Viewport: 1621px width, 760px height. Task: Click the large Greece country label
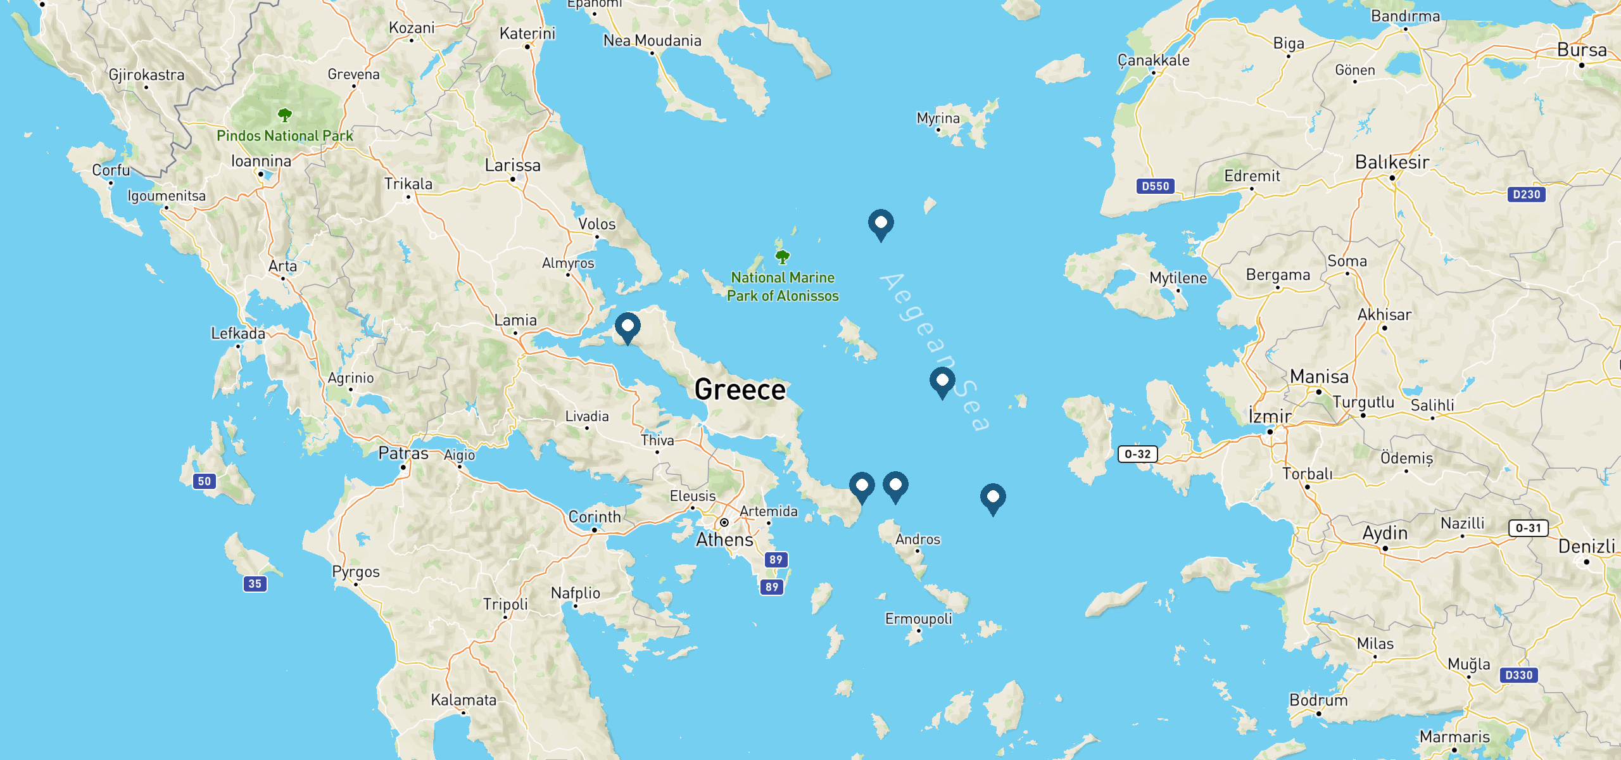(740, 389)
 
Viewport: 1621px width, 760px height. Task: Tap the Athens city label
(724, 540)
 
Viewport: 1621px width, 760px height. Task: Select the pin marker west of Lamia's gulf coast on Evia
(628, 327)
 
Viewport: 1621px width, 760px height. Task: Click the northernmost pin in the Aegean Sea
(880, 224)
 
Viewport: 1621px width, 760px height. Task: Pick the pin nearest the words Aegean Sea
(942, 381)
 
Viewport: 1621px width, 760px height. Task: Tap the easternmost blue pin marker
(992, 498)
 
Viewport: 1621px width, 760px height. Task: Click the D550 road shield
(1155, 186)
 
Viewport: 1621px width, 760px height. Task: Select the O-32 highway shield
(1137, 454)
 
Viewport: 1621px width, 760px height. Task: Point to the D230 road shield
(1526, 194)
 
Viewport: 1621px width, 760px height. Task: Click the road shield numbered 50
(204, 481)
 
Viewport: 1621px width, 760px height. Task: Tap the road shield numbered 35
(255, 584)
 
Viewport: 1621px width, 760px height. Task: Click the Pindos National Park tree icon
(285, 115)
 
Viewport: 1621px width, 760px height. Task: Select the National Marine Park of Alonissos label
(783, 286)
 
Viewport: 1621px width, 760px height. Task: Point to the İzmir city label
(1270, 417)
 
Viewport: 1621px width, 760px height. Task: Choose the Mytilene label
(1178, 278)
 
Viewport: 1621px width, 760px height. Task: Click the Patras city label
(403, 453)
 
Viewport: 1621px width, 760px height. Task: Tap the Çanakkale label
(1153, 60)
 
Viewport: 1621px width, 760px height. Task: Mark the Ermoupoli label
(918, 619)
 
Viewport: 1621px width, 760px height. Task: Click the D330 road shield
(1518, 675)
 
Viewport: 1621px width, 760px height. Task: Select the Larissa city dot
(513, 179)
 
